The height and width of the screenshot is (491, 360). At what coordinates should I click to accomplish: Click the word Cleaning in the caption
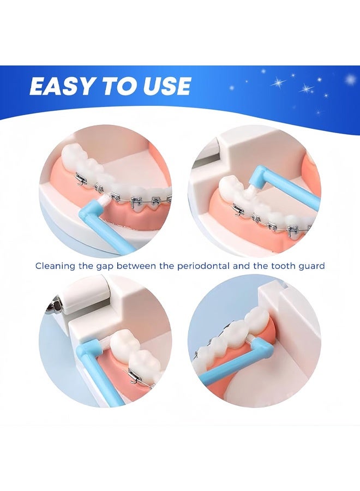(55, 266)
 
